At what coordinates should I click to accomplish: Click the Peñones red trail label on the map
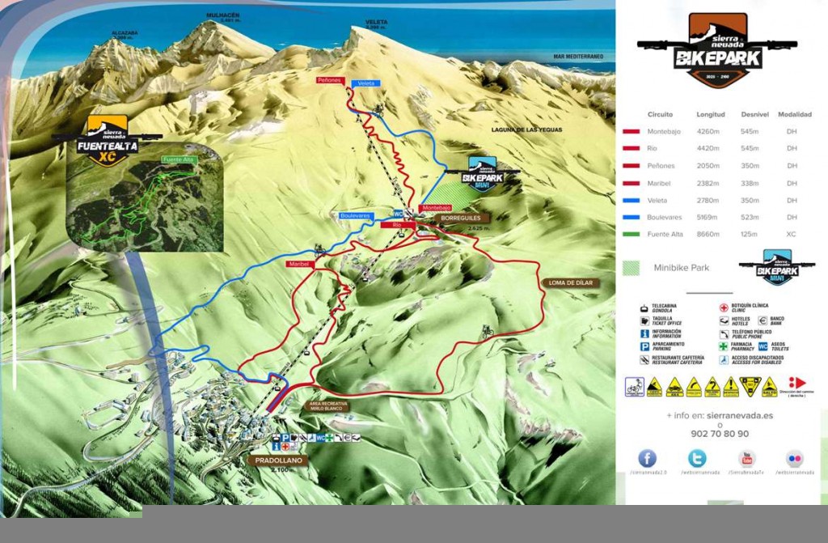point(330,81)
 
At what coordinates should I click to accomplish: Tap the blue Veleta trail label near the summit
point(366,83)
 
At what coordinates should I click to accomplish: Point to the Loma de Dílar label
point(570,283)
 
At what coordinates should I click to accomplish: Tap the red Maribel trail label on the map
point(298,264)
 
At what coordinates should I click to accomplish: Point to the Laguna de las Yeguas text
point(526,129)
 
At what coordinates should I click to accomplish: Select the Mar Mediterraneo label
point(578,57)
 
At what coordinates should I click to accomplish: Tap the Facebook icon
point(647,459)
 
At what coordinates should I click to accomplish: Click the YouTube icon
point(746,459)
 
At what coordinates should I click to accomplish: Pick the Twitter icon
point(697,459)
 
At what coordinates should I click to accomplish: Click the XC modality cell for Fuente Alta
point(791,235)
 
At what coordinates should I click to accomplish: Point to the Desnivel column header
point(754,115)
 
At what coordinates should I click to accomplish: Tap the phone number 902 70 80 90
point(720,434)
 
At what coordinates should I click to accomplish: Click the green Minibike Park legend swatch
point(632,268)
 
